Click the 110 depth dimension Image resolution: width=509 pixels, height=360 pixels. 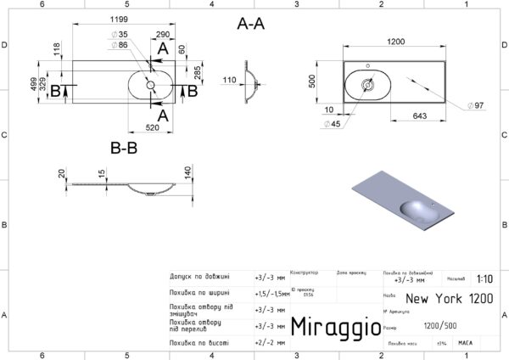click(227, 81)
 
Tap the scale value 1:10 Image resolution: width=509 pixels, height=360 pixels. click(484, 278)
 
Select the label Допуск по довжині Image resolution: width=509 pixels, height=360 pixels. click(199, 276)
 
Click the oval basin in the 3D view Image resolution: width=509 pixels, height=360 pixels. click(415, 210)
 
